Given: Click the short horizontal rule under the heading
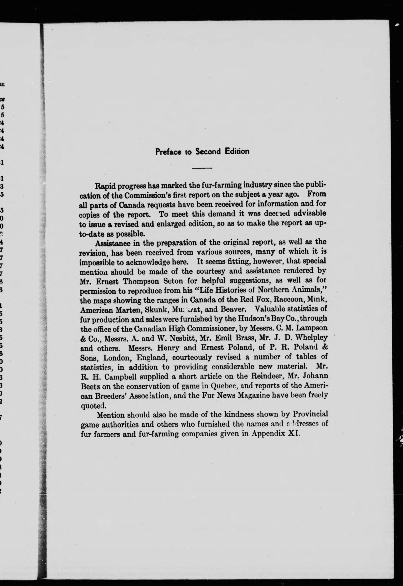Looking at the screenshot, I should click(202, 168).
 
